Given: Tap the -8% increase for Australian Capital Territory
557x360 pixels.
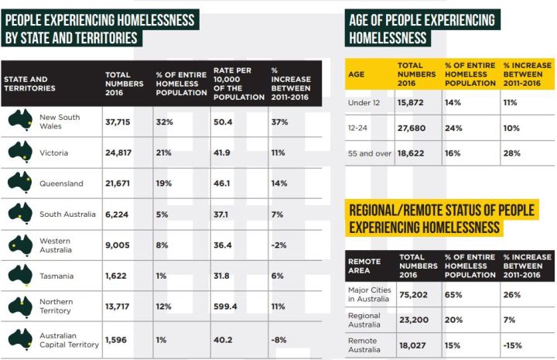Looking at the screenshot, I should pos(279,339).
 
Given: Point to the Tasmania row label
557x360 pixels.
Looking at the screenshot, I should pos(57,276).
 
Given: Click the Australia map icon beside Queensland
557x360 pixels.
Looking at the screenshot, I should pos(20,183).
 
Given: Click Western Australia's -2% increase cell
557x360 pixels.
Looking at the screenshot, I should pos(279,245).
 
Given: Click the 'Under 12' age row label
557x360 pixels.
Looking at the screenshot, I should pos(365,102).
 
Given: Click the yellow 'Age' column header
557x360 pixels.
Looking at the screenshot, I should pos(358,74).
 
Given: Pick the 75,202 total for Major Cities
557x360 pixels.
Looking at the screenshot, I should pos(414,294).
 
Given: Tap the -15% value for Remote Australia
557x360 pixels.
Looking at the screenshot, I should pos(514,344).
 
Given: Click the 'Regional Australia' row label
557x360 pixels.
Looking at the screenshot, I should pos(364,320).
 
